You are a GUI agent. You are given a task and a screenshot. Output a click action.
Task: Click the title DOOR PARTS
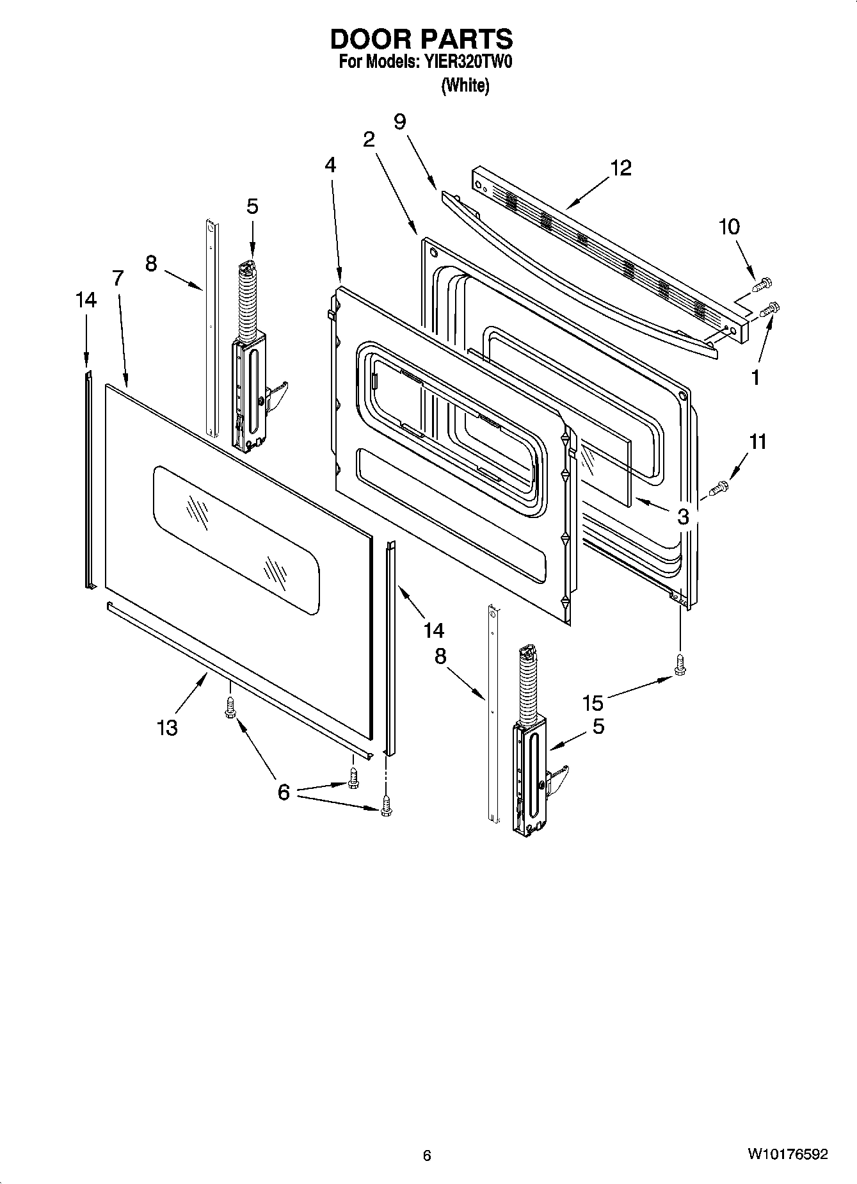click(x=421, y=39)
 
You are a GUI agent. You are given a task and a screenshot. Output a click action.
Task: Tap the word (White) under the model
click(x=465, y=85)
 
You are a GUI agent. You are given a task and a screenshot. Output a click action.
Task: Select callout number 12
click(x=620, y=168)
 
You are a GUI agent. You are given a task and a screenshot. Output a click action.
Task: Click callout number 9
click(x=400, y=121)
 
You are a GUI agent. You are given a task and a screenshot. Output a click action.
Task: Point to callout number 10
click(x=728, y=227)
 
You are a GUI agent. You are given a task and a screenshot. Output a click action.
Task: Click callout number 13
click(x=168, y=727)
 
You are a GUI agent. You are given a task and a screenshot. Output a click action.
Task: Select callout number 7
click(x=118, y=279)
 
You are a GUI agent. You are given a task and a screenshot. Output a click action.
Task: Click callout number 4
click(x=330, y=165)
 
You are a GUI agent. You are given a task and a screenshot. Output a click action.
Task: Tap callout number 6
click(x=284, y=792)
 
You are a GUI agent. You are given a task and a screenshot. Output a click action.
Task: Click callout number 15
click(x=593, y=703)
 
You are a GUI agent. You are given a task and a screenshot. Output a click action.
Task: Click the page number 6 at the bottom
click(x=427, y=1155)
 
